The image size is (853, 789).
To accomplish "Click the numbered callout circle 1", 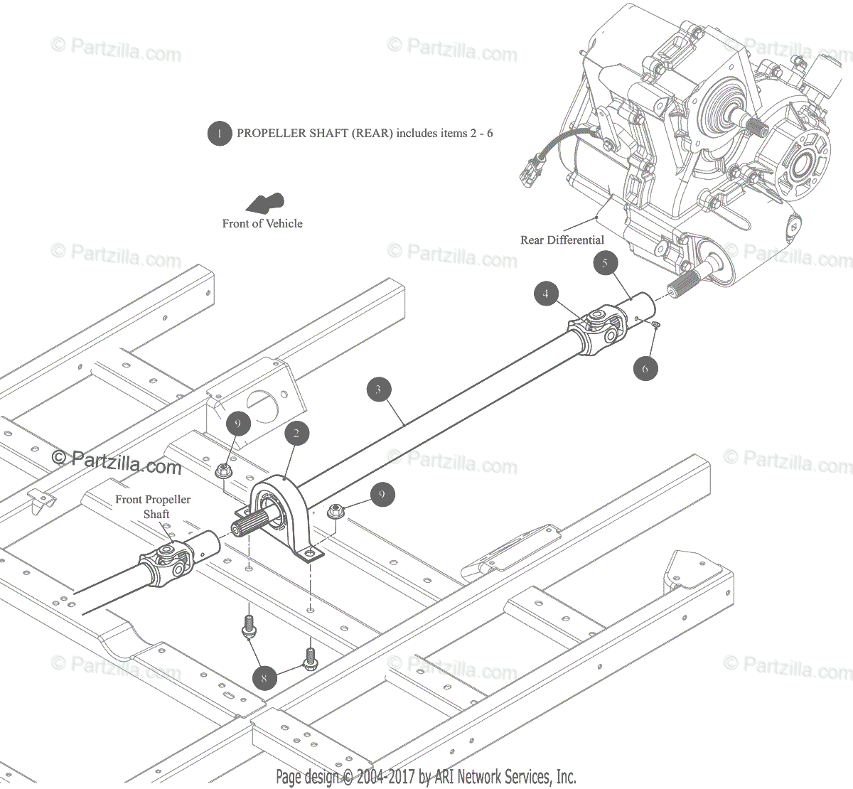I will (x=220, y=133).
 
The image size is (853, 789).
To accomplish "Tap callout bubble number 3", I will (x=379, y=389).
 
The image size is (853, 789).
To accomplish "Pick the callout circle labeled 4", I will (x=546, y=293).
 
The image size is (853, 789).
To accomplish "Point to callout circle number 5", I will (x=605, y=264).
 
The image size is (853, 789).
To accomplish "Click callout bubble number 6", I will (x=645, y=368).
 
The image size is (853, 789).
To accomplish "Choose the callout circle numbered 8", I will (x=264, y=677).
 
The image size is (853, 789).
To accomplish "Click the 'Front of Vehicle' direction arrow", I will (x=264, y=203).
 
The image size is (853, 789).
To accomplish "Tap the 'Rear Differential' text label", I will (x=562, y=240).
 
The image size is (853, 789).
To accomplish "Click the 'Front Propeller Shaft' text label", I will (x=154, y=506).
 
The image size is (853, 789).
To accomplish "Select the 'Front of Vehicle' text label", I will (x=262, y=223).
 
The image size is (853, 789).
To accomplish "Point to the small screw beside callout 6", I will (x=656, y=324).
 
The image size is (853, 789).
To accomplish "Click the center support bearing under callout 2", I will (x=281, y=512).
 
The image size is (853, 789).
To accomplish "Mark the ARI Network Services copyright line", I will (x=426, y=776).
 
